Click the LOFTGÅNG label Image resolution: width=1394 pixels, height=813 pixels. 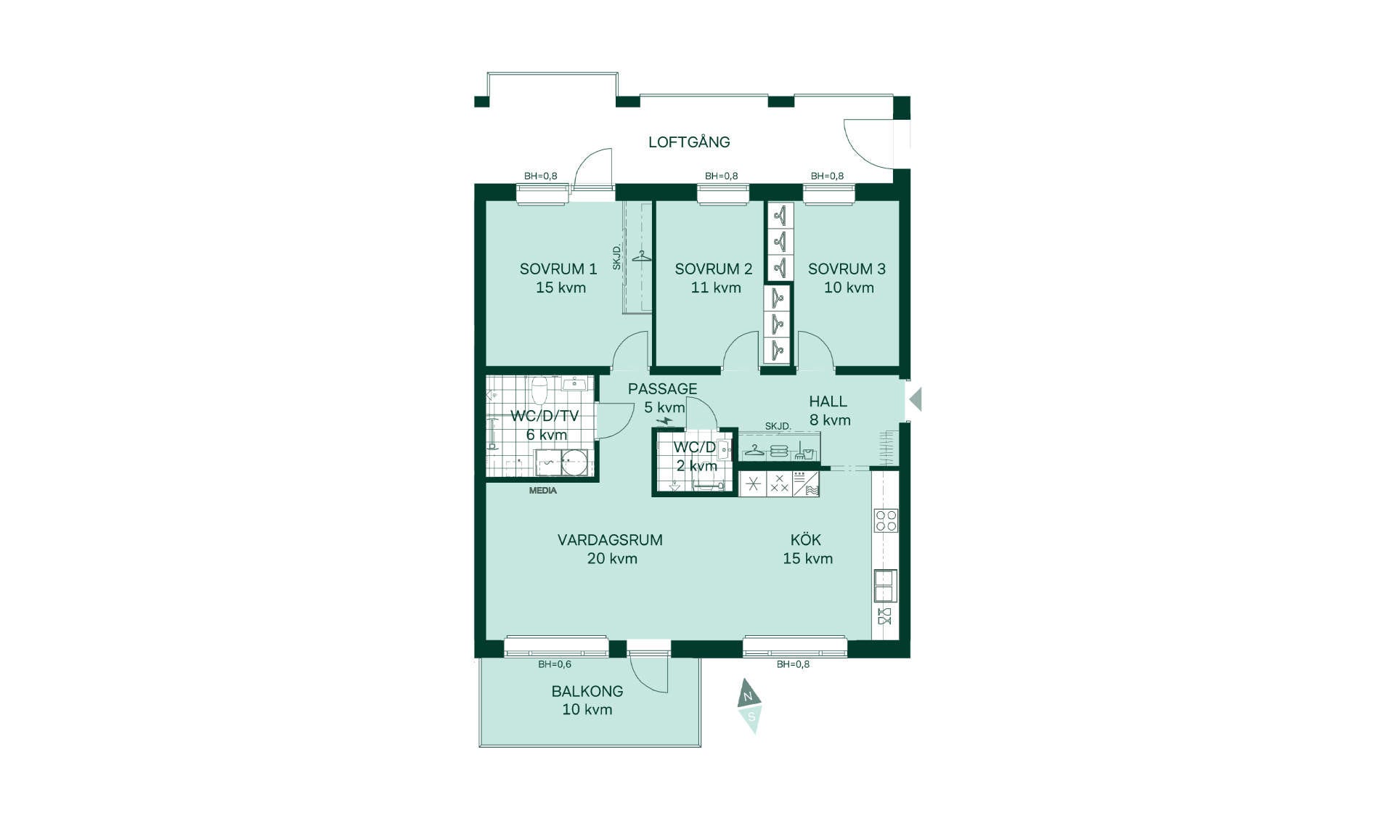pos(689,142)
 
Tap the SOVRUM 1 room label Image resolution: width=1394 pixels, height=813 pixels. pos(558,269)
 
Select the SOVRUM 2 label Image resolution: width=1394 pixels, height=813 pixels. pos(714,269)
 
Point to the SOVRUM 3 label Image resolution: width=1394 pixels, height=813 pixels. pos(847,269)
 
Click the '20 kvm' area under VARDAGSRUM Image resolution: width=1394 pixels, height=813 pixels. pos(612,558)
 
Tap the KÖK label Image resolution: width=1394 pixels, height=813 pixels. pos(806,539)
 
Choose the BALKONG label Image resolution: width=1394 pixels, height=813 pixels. pos(587,691)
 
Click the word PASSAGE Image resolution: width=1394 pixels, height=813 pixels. pos(663,388)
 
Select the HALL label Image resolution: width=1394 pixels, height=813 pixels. pos(828,401)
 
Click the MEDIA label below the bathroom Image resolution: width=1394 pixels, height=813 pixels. pos(543,491)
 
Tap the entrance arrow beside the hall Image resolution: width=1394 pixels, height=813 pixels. pos(916,399)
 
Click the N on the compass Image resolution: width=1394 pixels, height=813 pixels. pos(748,697)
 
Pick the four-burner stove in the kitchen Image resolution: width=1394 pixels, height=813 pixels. pos(886,520)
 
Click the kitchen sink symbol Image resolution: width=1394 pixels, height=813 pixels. pos(885,586)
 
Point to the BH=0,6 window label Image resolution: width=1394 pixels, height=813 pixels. pos(555,664)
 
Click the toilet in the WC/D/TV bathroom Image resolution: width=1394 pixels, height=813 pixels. pos(539,390)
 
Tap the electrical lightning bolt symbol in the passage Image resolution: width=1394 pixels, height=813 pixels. pos(664,420)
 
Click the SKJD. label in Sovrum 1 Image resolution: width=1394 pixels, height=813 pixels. pos(617,258)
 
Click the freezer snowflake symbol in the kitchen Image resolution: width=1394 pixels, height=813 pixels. pos(753,484)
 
